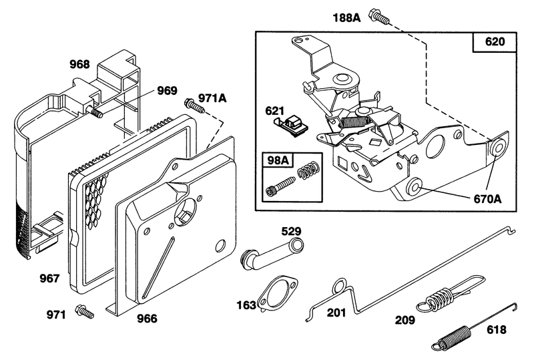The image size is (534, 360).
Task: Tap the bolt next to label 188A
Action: click(x=380, y=18)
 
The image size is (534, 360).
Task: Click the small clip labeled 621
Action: click(x=294, y=124)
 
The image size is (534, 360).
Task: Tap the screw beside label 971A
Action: click(x=192, y=104)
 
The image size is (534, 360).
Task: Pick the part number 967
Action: click(x=50, y=277)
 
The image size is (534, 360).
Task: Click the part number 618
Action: click(x=496, y=330)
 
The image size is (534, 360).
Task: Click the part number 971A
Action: click(x=213, y=98)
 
